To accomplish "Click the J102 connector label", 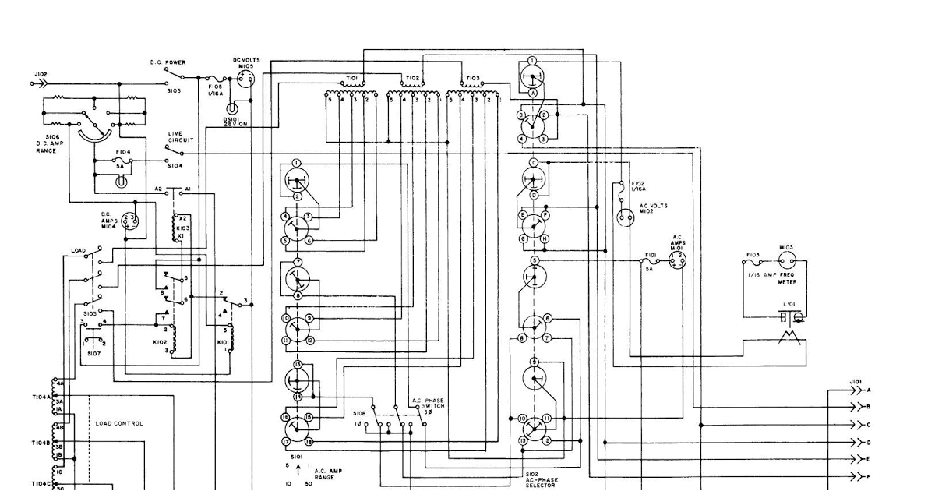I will (41, 74).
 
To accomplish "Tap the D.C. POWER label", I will (168, 62).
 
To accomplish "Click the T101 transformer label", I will (351, 79).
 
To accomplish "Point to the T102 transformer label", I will (412, 79).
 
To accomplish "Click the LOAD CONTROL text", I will (119, 423).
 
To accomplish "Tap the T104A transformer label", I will (41, 396).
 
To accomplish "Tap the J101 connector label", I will (855, 381).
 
